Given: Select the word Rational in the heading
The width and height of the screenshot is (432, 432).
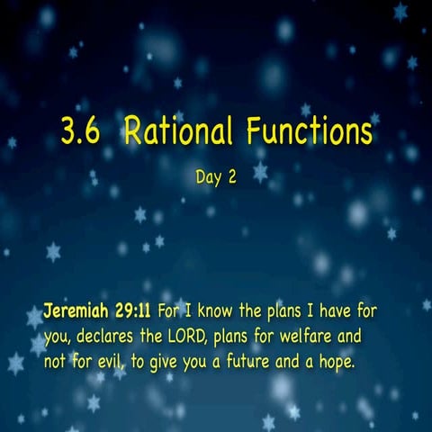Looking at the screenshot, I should pos(172,133).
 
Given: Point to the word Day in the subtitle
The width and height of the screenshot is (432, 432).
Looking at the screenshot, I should pos(207,177).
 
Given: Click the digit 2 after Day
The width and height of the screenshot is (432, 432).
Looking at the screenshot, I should pos(231,177).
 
